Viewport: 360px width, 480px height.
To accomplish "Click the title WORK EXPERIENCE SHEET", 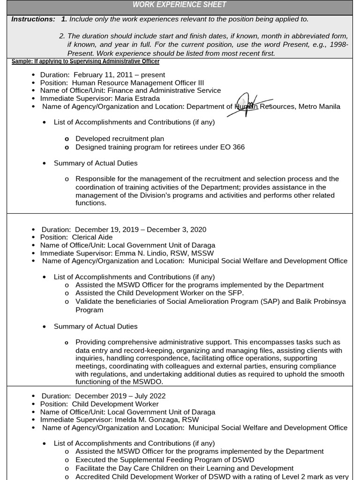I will (x=180, y=5).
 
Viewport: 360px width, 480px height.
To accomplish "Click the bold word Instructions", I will (x=33, y=19).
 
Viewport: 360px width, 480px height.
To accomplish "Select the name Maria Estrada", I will (x=140, y=98).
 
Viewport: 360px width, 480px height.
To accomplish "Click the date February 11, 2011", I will (x=103, y=75).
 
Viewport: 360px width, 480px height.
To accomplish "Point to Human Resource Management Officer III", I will (x=138, y=82).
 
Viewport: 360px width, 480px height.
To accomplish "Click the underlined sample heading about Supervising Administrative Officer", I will (x=85, y=61).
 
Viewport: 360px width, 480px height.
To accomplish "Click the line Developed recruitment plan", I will (x=120, y=139).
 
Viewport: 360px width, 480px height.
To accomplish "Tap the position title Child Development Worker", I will (x=115, y=404).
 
